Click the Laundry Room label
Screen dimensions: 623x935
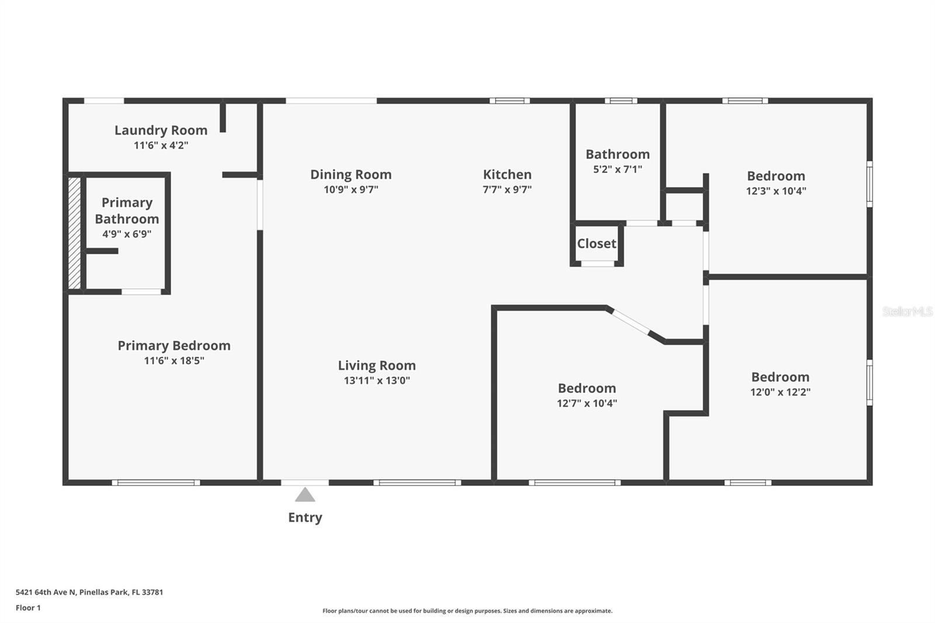pos(161,130)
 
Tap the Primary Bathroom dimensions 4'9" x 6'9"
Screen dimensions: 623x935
pos(127,234)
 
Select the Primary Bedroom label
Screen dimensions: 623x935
pos(174,345)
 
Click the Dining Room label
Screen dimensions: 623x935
pos(351,174)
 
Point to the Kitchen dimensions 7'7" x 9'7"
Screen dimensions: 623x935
pos(507,189)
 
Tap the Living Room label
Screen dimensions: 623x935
pos(377,365)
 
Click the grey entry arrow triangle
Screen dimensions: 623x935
pos(305,496)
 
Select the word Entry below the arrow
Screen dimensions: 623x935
pos(305,517)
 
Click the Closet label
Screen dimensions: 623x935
pos(597,244)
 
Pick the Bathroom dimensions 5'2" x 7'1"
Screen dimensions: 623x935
pos(618,169)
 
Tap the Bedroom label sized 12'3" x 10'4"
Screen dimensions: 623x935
pos(775,176)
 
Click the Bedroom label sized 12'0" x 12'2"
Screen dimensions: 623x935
pos(780,377)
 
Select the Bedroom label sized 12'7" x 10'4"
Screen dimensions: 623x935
pos(587,388)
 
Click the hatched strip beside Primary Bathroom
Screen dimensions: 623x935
pos(74,233)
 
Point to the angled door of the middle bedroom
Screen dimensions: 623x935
pos(631,322)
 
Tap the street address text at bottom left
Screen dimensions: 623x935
pos(89,592)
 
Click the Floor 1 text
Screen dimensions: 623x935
pos(28,608)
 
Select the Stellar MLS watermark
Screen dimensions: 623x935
pos(907,311)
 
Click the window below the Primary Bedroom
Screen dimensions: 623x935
pos(156,483)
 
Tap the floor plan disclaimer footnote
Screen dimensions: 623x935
pos(467,611)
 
